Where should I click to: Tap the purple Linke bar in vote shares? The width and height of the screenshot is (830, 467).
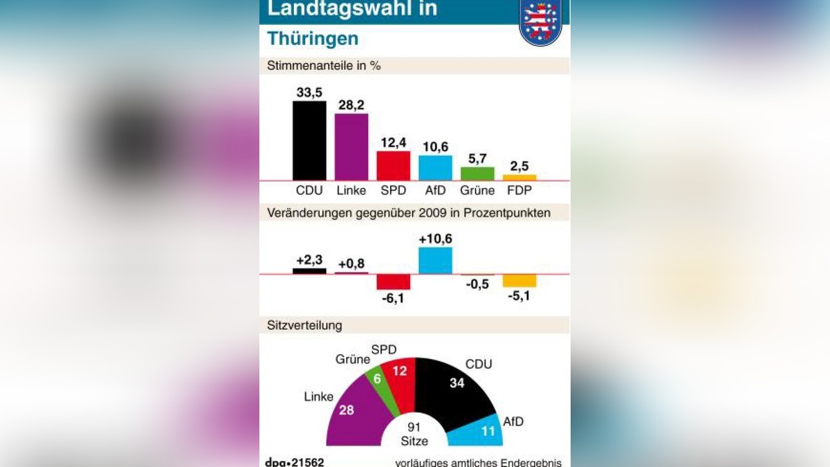pyautogui.click(x=351, y=147)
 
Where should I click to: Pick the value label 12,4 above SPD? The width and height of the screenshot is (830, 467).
pyautogui.click(x=393, y=143)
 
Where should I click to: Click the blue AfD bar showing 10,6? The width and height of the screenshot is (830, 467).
pyautogui.click(x=435, y=167)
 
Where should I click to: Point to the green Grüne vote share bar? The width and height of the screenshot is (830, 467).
pyautogui.click(x=477, y=174)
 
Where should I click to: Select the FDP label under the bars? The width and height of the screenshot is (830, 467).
pyautogui.click(x=519, y=190)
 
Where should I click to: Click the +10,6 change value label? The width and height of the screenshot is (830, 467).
pyautogui.click(x=435, y=239)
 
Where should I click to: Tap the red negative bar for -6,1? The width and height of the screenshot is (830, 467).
pyautogui.click(x=393, y=282)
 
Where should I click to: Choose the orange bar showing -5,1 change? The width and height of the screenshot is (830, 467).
pyautogui.click(x=519, y=280)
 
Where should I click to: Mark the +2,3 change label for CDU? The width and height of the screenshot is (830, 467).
pyautogui.click(x=309, y=260)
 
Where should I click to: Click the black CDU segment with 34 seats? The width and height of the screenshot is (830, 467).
pyautogui.click(x=453, y=391)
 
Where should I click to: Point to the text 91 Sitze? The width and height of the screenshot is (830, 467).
pyautogui.click(x=414, y=434)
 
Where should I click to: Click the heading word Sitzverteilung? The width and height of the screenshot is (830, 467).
pyautogui.click(x=304, y=325)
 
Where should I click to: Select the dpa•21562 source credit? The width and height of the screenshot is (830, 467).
pyautogui.click(x=295, y=461)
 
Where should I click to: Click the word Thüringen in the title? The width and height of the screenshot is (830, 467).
pyautogui.click(x=313, y=39)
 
